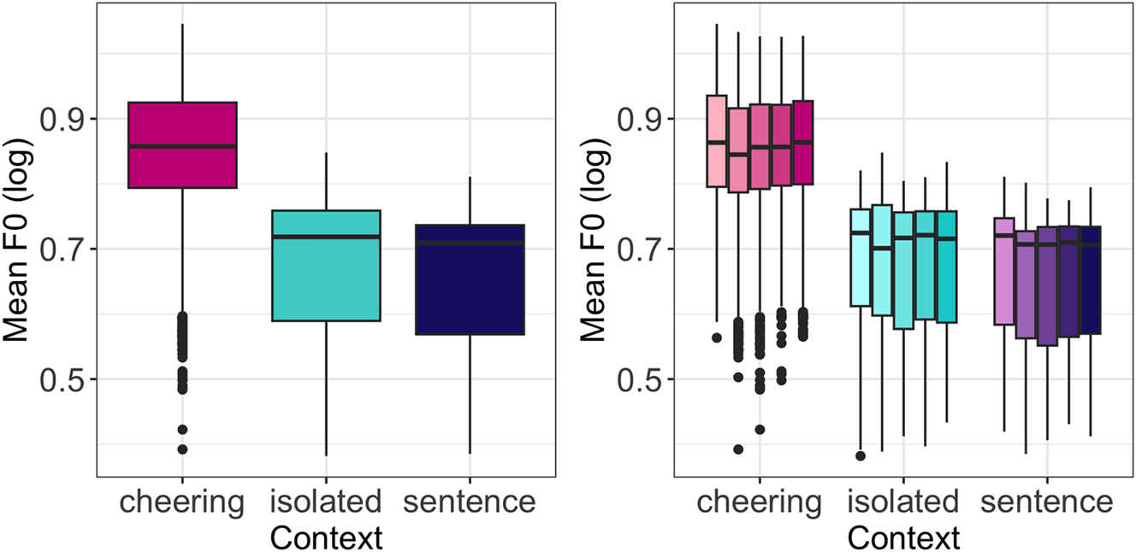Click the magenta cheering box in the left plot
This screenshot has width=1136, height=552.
181,144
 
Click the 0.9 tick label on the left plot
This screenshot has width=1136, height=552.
64,119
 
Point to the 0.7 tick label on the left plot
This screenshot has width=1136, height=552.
64,250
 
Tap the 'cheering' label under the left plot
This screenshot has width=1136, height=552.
181,502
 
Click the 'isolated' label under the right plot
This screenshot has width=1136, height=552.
904,502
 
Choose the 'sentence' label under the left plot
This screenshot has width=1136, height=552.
470,502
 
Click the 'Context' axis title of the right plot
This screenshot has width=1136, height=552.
904,537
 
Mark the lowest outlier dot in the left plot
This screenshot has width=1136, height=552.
182,449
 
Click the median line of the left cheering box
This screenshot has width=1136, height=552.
181,146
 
